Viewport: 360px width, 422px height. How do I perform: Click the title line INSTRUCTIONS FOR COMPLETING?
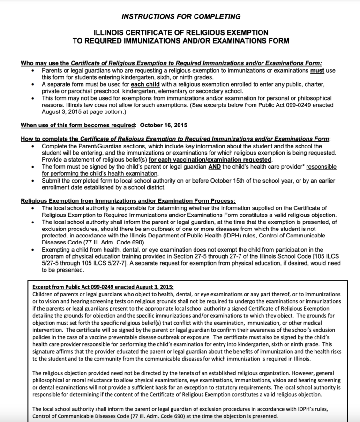click(181, 17)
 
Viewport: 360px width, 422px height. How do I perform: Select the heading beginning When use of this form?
click(77, 125)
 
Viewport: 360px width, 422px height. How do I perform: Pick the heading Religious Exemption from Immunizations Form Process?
click(128, 200)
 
